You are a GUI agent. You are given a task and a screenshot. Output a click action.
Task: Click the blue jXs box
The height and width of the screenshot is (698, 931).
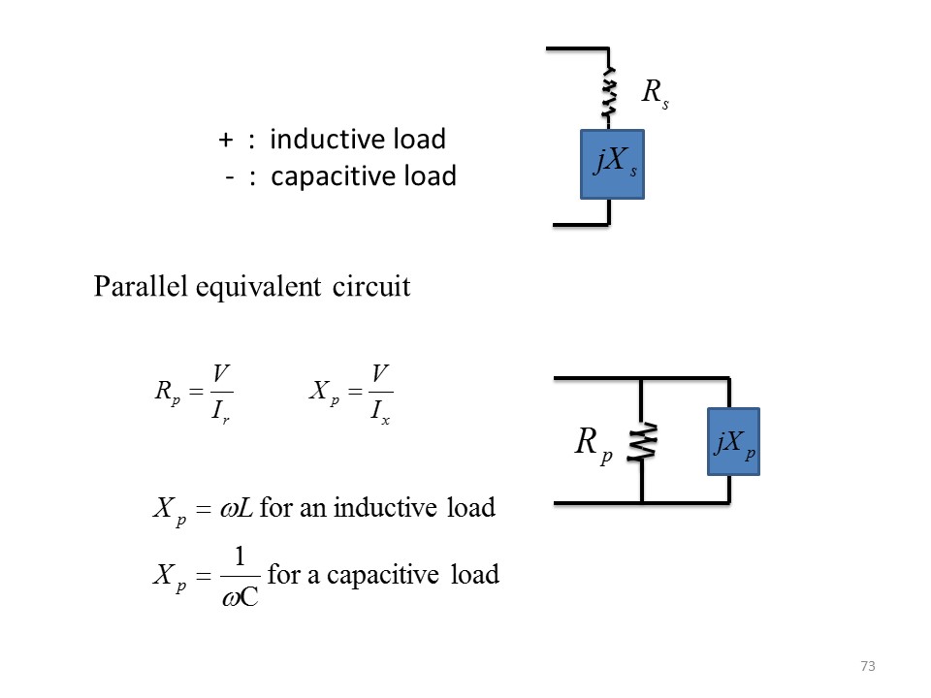click(612, 164)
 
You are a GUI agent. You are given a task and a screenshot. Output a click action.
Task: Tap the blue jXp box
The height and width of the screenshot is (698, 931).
click(733, 442)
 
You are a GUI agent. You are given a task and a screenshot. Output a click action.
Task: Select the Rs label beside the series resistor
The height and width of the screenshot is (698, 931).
click(656, 93)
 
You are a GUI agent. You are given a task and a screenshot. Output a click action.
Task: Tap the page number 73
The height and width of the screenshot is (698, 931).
click(867, 666)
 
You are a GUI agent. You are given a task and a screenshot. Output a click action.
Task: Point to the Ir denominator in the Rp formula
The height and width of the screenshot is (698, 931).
click(222, 413)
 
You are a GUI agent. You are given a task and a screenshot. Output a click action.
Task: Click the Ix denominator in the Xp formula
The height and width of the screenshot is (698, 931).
click(380, 413)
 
